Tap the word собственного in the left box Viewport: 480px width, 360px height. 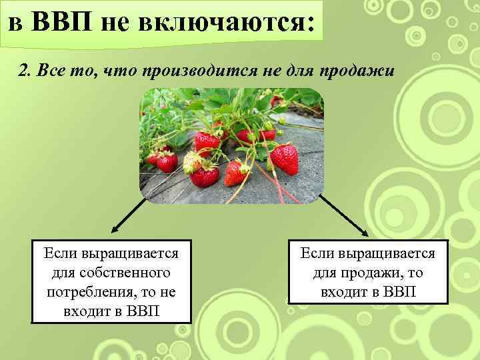tap(112, 273)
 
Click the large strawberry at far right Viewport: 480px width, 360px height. tap(285, 159)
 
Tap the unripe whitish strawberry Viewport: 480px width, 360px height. tap(192, 161)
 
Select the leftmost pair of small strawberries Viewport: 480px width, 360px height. tap(163, 160)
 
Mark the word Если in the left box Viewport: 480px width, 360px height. tap(60, 254)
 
